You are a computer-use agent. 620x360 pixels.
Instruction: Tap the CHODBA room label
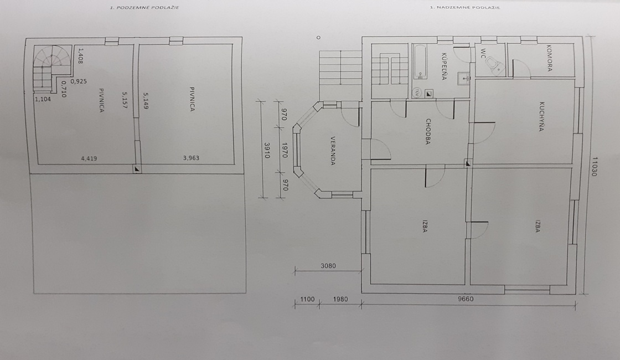pos(428,131)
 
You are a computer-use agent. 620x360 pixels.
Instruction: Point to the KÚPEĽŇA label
pos(444,67)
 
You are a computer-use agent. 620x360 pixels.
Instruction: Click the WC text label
pos(483,53)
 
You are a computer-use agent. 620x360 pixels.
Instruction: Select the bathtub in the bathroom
pos(420,61)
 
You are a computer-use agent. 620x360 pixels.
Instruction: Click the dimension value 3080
pos(329,266)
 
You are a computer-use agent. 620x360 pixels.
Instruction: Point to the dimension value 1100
pos(307,300)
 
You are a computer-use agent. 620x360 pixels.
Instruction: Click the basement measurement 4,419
pos(90,158)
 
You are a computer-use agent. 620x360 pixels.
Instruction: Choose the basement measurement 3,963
pos(191,158)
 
